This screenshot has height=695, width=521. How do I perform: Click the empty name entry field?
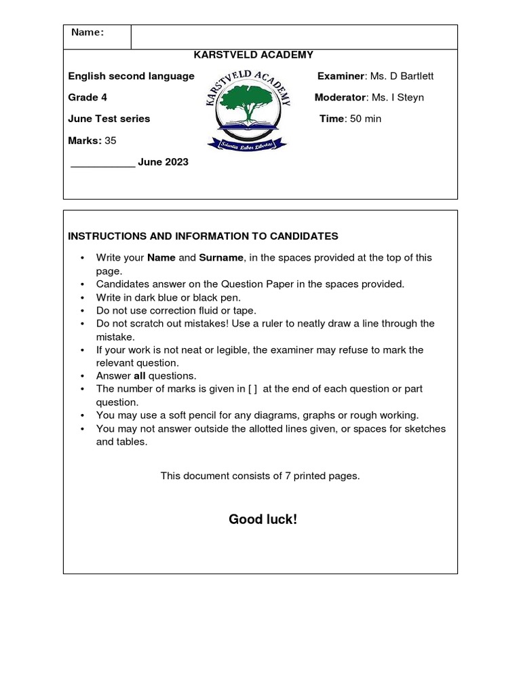click(x=294, y=37)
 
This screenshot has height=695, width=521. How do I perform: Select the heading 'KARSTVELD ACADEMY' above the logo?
click(x=253, y=55)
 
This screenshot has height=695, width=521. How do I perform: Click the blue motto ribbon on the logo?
click(x=247, y=143)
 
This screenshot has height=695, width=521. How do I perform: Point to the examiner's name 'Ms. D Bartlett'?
click(x=402, y=76)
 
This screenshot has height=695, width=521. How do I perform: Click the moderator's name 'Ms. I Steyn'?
click(x=397, y=98)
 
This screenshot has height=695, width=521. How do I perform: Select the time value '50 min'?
click(x=366, y=119)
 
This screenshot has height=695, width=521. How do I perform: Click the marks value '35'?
click(x=111, y=140)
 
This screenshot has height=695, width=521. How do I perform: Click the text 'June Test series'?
click(x=109, y=119)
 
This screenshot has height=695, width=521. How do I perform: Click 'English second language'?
click(x=131, y=76)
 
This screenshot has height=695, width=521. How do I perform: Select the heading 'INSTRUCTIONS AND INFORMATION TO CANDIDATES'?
click(x=203, y=236)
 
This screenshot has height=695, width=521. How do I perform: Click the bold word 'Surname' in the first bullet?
click(x=221, y=258)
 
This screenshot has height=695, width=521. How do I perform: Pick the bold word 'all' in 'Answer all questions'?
click(x=140, y=376)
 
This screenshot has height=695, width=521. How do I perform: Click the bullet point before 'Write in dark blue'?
click(x=82, y=297)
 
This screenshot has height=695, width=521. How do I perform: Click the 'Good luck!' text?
click(x=263, y=520)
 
